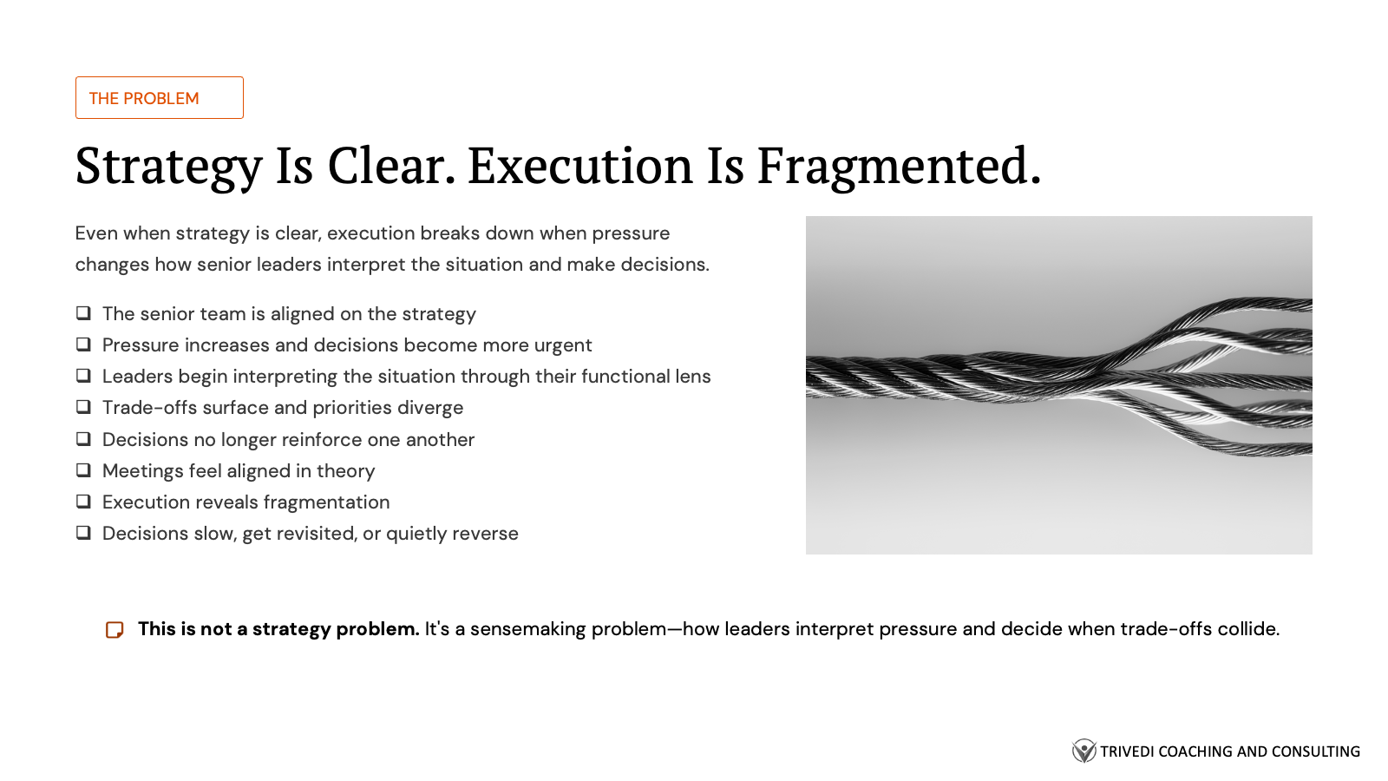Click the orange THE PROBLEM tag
click(x=160, y=98)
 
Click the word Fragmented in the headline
click(x=898, y=166)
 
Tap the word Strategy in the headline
click(x=168, y=166)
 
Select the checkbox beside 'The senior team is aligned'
click(x=83, y=313)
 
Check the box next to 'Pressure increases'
click(x=83, y=345)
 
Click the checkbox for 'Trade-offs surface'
click(x=83, y=407)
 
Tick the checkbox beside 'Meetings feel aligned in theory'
click(x=83, y=470)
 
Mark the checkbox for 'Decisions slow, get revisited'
click(x=83, y=533)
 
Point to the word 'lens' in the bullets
click(x=693, y=377)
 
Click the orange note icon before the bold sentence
click(x=115, y=630)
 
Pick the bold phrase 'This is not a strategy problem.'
click(x=278, y=629)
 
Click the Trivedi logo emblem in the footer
click(x=1084, y=751)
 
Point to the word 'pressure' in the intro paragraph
click(x=631, y=233)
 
